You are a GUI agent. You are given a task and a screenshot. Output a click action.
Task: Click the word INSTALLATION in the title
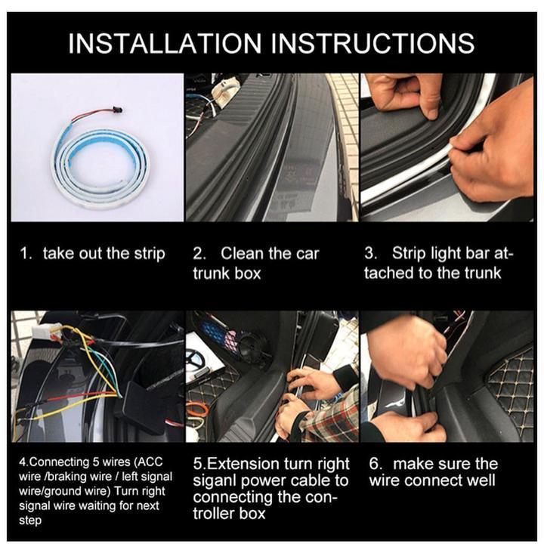pos(165,43)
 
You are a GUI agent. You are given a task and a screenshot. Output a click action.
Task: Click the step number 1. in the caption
pos(26,254)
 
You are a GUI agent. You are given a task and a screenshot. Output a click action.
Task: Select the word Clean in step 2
pos(243,254)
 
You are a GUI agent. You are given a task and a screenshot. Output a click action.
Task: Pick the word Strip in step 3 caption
pos(409,254)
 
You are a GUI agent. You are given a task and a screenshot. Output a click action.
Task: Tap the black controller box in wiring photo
pos(139,401)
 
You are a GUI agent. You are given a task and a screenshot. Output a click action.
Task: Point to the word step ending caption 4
pos(30,521)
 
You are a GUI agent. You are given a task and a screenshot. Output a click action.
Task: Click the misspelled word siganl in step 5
pos(214,481)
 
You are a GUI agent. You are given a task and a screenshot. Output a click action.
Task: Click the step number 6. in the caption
pos(376,464)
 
